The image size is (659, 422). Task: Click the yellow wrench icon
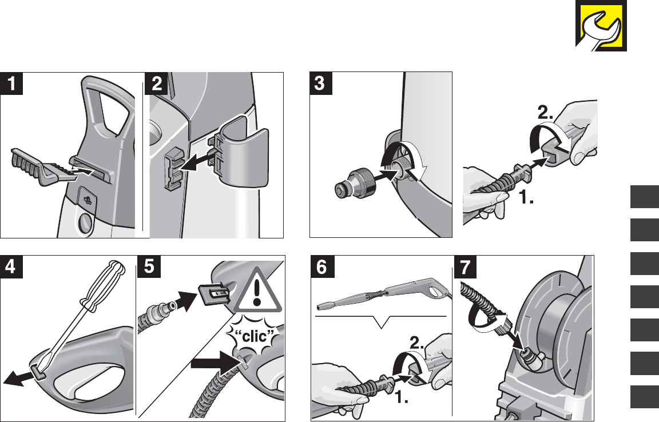pyautogui.click(x=601, y=26)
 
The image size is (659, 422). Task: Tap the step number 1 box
pyautogui.click(x=12, y=83)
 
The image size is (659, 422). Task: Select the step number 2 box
pyautogui.click(x=156, y=83)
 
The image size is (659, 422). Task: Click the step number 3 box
pyautogui.click(x=321, y=83)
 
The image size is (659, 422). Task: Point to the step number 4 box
pyautogui.click(x=11, y=266)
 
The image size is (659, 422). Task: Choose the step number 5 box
pyautogui.click(x=149, y=266)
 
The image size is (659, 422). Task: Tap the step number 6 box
pyautogui.click(x=321, y=266)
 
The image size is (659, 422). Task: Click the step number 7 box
pyautogui.click(x=465, y=266)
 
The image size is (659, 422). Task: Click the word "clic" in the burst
pyautogui.click(x=255, y=337)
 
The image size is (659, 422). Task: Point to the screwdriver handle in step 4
pyautogui.click(x=104, y=285)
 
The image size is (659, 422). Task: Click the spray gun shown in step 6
pyautogui.click(x=383, y=296)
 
